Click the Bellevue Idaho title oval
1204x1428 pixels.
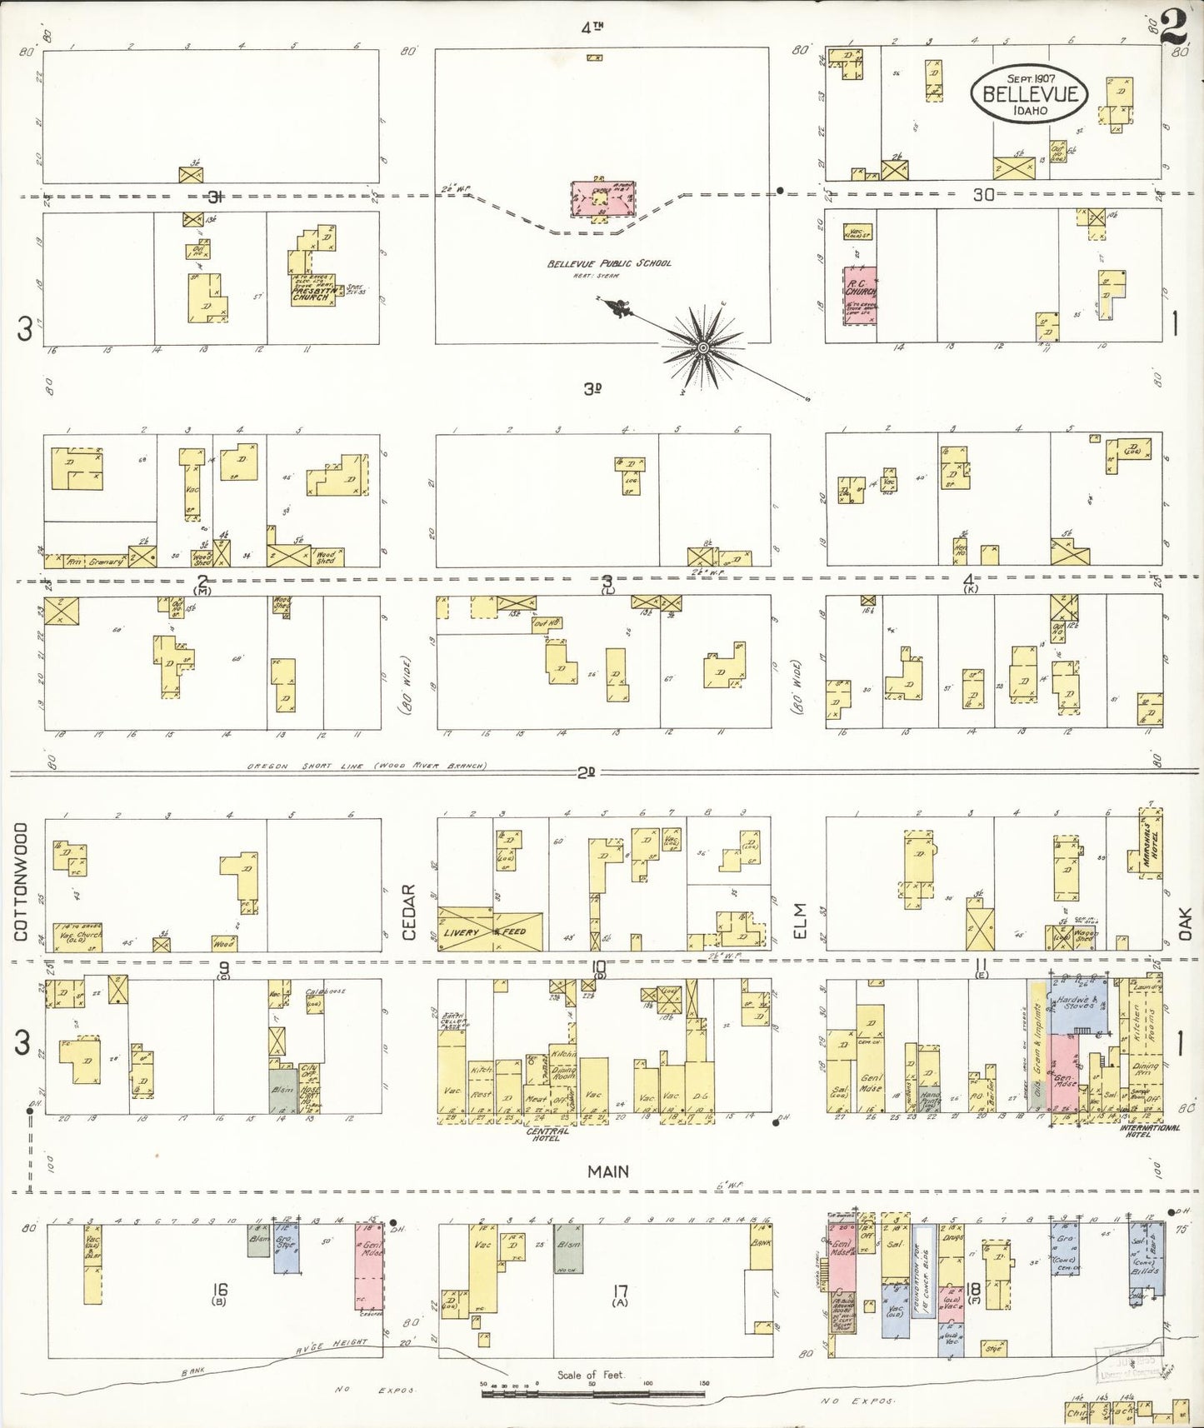(1029, 95)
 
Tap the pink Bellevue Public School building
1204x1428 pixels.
(599, 198)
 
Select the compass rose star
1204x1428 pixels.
(702, 347)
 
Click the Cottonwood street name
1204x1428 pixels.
(21, 881)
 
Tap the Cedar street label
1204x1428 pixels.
(409, 912)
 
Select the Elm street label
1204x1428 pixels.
(802, 921)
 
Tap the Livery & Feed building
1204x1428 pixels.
(492, 931)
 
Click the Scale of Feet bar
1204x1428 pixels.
(593, 1386)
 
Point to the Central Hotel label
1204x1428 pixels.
(547, 1134)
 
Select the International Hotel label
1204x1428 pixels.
(1151, 1131)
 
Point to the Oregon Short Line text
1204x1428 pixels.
(367, 766)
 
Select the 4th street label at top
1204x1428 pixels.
(592, 27)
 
